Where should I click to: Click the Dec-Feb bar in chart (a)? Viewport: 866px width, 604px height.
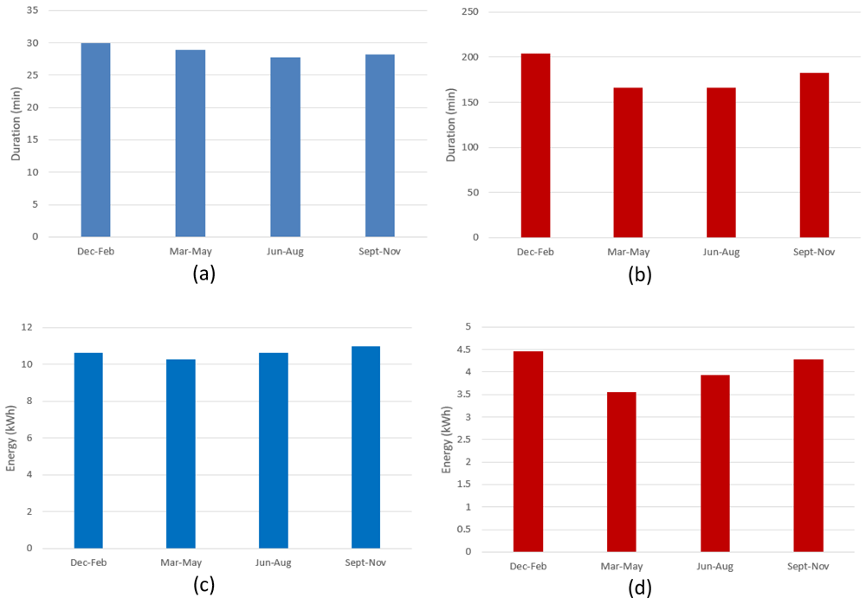click(x=95, y=140)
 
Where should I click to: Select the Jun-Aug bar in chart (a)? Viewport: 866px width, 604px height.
click(x=285, y=147)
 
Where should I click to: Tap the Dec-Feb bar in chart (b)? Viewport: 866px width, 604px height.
click(x=535, y=145)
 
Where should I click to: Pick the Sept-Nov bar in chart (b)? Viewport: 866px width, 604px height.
click(x=814, y=155)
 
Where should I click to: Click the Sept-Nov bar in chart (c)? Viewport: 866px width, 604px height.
click(x=365, y=447)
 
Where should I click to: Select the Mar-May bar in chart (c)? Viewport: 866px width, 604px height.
click(x=181, y=453)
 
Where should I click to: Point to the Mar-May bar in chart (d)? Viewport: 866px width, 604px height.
click(x=621, y=472)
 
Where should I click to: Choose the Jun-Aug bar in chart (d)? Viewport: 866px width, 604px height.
click(x=714, y=463)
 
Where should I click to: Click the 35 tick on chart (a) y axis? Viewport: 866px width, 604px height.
click(x=33, y=10)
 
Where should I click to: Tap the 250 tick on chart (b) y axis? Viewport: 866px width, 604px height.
click(x=470, y=11)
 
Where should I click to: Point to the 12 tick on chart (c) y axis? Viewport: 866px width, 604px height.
click(x=27, y=327)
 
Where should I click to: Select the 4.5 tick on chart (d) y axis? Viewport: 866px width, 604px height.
click(x=464, y=350)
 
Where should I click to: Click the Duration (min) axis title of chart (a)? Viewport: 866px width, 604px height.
click(x=16, y=125)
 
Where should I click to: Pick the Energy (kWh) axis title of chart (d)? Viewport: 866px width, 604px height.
click(x=446, y=440)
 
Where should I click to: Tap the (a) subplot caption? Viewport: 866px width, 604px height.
click(x=204, y=273)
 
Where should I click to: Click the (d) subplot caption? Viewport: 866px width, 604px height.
click(x=640, y=588)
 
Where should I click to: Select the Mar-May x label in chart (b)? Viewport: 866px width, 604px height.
click(x=629, y=253)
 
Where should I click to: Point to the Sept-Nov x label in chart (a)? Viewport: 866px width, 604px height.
click(x=379, y=252)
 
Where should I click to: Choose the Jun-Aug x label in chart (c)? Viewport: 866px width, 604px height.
click(x=274, y=563)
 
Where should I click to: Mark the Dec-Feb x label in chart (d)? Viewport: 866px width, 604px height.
click(x=528, y=567)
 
